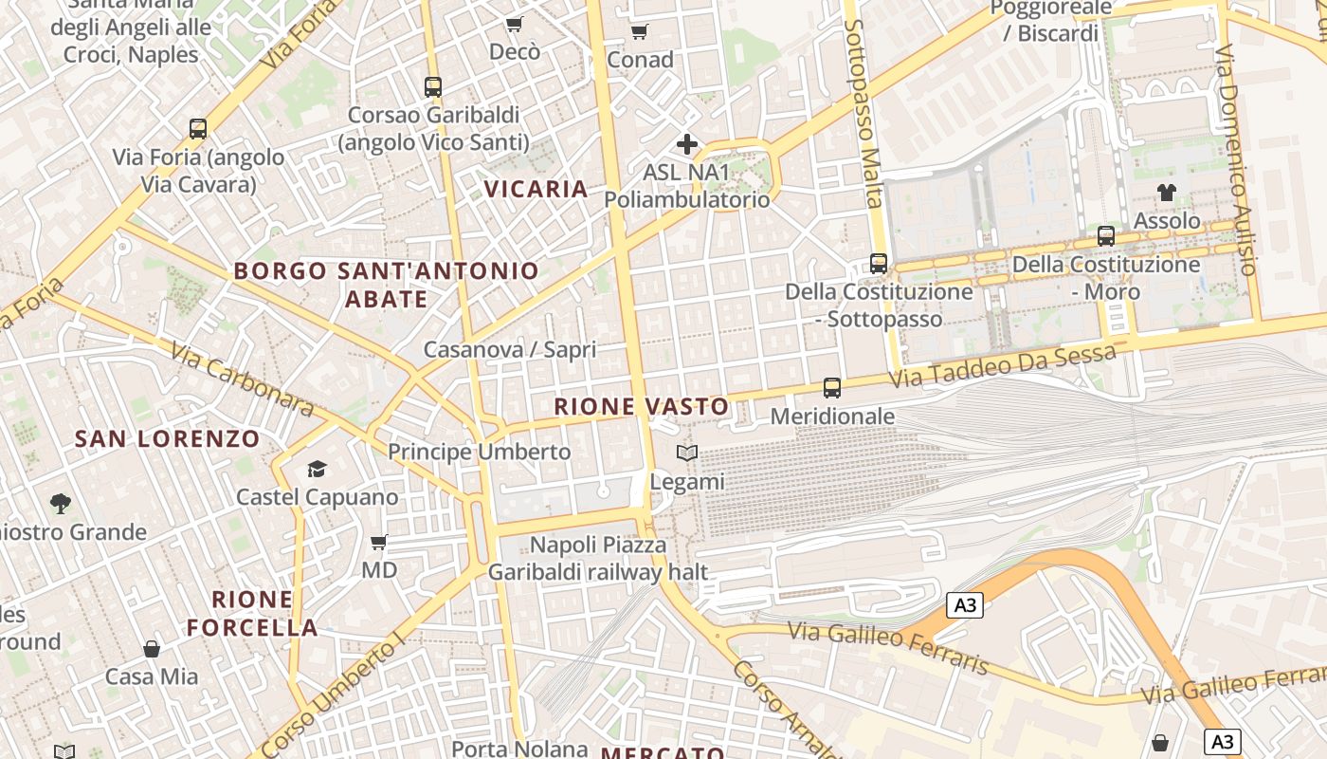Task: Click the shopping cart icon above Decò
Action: coord(514,24)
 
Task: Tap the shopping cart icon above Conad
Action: coord(640,32)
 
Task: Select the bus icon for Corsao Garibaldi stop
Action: coord(433,87)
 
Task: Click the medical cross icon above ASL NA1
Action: coord(687,144)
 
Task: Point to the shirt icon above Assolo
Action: coord(1167,193)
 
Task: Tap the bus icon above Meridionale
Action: coord(832,388)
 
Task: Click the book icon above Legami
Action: coord(687,454)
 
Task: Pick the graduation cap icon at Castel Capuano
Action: coord(317,470)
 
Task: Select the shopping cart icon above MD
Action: coord(379,543)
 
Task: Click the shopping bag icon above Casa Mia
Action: coord(152,649)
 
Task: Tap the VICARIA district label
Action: coord(536,189)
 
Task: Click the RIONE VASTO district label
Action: coord(642,407)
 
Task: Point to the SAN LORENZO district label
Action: coord(167,438)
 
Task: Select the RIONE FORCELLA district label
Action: coord(252,613)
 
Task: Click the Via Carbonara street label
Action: coord(242,379)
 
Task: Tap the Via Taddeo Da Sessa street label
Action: coord(1003,368)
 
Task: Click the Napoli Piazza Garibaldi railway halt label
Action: coord(598,559)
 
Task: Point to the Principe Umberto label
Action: coord(480,452)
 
